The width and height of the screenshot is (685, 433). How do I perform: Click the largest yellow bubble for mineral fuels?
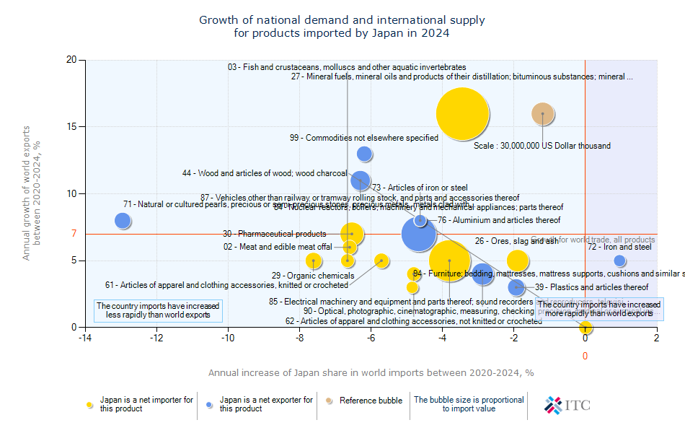pos(462,113)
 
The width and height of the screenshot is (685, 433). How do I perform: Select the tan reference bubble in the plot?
pos(543,113)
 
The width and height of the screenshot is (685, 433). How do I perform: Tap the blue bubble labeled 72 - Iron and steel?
pos(619,261)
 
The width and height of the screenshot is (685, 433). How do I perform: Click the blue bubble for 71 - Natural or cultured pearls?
pos(123,221)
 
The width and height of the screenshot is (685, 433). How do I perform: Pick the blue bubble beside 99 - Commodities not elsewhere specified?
pos(365,154)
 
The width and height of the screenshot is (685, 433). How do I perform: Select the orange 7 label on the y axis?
pos(74,234)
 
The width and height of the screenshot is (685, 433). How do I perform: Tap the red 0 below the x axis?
pos(585,356)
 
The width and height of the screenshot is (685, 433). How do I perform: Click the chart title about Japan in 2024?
pos(342,27)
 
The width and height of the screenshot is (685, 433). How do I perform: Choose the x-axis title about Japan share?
pos(371,372)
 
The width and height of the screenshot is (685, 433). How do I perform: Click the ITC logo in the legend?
pos(568,405)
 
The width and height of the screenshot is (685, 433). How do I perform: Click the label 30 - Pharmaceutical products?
pos(274,234)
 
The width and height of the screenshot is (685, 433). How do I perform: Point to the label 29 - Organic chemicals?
pos(303,276)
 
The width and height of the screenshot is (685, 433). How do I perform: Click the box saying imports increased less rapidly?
pos(159,310)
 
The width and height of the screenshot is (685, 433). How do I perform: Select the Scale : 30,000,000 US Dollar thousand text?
pos(542,146)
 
